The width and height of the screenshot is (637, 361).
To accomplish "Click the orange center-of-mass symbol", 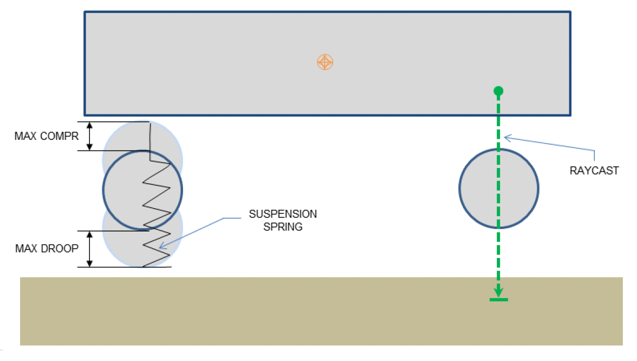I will coord(324,62).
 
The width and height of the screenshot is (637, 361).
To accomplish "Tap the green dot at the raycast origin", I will coord(498,91).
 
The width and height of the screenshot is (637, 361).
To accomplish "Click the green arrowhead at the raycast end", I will coord(498,292).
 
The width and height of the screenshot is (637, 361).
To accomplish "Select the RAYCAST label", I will coord(594,171).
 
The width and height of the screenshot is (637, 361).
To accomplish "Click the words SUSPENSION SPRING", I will coord(283,220).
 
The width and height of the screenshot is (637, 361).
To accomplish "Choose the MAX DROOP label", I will coord(47,248).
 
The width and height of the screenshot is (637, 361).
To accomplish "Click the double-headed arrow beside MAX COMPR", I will coord(90,136).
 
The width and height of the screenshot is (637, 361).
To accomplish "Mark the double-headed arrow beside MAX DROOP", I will coord(90,248).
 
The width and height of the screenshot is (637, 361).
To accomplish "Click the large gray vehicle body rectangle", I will coord(217,62).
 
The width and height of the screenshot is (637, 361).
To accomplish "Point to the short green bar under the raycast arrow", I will coord(498,300).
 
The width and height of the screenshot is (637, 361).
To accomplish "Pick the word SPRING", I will coord(283,227).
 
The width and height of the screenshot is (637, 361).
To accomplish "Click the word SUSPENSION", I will coord(283,214).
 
